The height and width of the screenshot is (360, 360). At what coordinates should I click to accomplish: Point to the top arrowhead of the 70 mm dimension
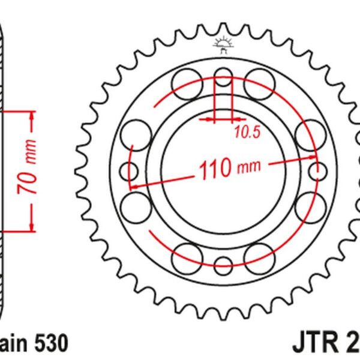tap(29, 115)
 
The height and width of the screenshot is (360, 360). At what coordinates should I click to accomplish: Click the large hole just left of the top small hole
tap(185, 82)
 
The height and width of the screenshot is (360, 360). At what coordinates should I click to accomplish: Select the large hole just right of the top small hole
tap(259, 82)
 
